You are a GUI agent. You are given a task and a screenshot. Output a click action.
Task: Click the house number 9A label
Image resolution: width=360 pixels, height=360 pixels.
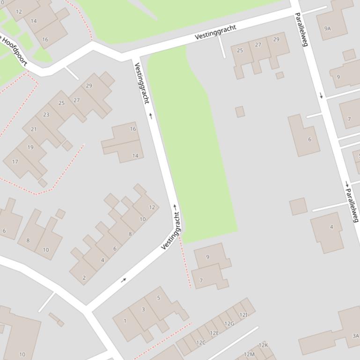(327, 29)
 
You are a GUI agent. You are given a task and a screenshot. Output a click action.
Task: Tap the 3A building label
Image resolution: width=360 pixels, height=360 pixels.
(355, 336)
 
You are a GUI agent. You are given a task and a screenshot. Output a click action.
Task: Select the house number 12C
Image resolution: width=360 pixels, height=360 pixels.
(200, 343)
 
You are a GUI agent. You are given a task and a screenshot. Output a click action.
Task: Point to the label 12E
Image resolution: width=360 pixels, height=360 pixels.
(214, 333)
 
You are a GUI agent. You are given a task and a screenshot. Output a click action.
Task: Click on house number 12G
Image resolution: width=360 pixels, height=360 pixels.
(229, 324)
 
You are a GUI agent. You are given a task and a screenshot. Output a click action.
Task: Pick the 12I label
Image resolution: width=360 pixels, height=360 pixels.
(243, 315)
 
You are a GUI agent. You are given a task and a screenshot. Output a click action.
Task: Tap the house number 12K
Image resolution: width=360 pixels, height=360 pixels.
(263, 346)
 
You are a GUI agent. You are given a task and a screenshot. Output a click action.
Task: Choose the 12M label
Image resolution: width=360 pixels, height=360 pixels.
(249, 355)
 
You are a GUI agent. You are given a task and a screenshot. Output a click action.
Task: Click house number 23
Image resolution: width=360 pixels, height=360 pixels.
(46, 115)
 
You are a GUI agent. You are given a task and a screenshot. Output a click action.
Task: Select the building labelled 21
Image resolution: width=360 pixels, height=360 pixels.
(33, 130)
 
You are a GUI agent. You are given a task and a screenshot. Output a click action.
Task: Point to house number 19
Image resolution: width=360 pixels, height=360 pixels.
(30, 147)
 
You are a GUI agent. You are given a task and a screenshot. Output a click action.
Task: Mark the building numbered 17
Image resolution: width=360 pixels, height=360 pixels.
(15, 162)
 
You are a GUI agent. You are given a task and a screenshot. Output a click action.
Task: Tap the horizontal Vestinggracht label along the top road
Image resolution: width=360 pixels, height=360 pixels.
(215, 32)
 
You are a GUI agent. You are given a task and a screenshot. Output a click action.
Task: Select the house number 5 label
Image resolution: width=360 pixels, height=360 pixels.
(159, 298)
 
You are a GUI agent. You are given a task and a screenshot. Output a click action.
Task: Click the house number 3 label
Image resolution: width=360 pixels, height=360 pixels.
(143, 309)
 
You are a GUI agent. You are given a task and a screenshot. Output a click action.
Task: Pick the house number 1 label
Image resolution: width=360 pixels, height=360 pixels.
(125, 321)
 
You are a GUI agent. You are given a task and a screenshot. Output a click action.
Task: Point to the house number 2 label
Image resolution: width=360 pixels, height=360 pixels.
(84, 278)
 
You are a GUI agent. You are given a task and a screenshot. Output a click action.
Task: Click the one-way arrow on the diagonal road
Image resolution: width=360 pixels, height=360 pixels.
(124, 280)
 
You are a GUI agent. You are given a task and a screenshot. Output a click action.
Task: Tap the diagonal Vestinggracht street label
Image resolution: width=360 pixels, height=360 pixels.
(171, 231)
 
